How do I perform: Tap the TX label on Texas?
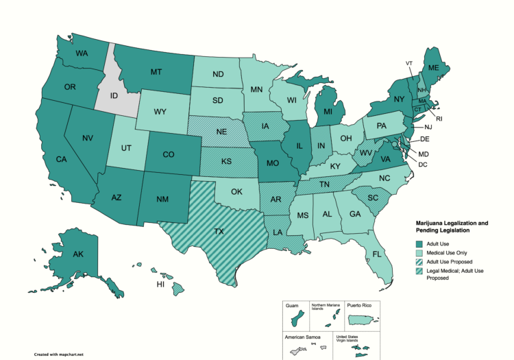[219, 232]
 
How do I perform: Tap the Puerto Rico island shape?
[360, 320]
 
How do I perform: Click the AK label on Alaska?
[77, 254]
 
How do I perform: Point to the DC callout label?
[423, 165]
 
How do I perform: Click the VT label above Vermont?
[409, 63]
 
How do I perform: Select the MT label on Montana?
[156, 71]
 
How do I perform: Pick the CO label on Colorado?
[169, 154]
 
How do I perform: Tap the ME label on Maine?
[433, 69]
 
